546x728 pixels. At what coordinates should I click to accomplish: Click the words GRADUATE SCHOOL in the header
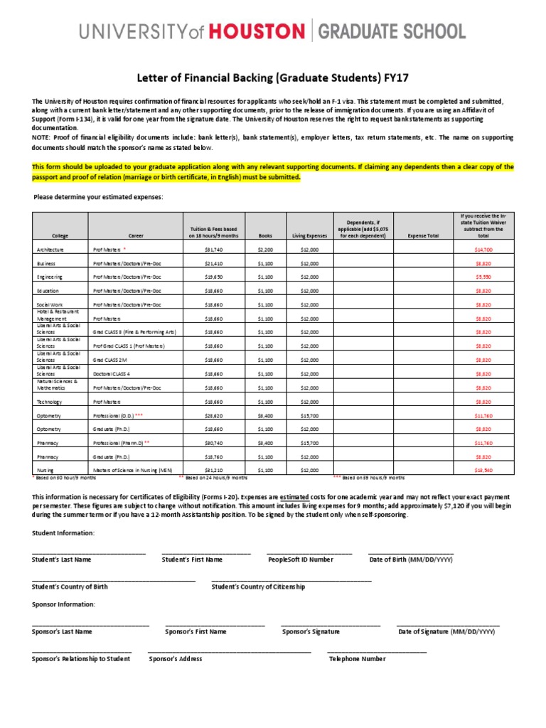pos(391,31)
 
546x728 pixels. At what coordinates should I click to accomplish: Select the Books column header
pos(264,235)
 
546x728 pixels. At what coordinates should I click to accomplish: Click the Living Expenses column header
pos(309,235)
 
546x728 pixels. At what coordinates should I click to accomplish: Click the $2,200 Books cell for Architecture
pos(264,250)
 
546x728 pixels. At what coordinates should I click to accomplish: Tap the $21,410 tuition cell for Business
pos(214,264)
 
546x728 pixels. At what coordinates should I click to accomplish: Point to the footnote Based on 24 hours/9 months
pos(213,478)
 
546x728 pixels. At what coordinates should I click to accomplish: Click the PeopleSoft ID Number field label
pos(300,560)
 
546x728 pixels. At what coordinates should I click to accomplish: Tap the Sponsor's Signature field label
pos(311,631)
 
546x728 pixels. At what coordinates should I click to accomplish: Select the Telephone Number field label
pos(357,659)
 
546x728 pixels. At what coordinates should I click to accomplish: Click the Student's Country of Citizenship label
pos(258,587)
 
